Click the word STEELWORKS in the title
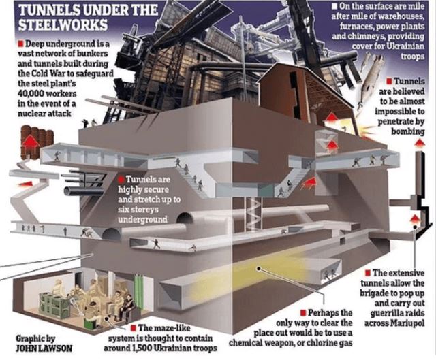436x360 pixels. pyautogui.click(x=63, y=24)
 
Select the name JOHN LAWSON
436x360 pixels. pyautogui.click(x=44, y=348)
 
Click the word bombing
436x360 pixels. pyautogui.click(x=408, y=131)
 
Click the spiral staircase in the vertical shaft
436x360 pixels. pyautogui.click(x=253, y=214)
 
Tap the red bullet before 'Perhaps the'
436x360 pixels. pyautogui.click(x=303, y=313)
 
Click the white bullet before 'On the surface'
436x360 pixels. pyautogui.click(x=336, y=5)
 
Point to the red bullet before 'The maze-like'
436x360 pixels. pyautogui.click(x=134, y=328)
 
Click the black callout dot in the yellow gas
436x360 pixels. pyautogui.click(x=259, y=269)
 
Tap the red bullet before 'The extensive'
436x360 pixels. pyautogui.click(x=368, y=273)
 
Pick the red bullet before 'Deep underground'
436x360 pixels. pyautogui.click(x=20, y=44)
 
